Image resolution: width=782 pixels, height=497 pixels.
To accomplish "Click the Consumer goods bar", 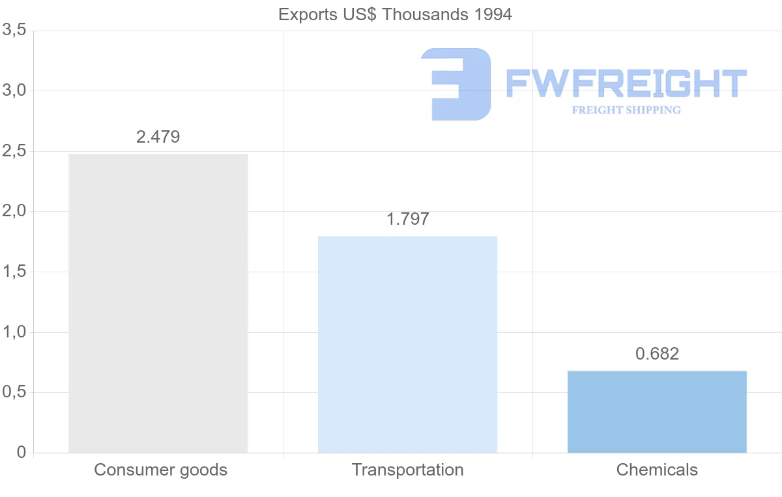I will point(158,304).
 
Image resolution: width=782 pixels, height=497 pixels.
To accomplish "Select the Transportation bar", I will point(407,345).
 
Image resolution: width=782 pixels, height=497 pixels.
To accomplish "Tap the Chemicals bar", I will point(657,412).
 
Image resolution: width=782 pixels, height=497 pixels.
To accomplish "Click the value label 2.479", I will point(158,137).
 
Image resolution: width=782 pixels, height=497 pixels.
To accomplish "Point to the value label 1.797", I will point(408,220).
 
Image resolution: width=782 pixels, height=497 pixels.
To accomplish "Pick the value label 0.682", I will point(657,354).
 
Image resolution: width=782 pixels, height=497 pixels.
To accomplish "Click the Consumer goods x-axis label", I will point(161,470).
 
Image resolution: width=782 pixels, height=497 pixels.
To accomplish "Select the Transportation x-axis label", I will point(408,470).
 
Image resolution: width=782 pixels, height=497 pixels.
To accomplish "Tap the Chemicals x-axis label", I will point(657,470).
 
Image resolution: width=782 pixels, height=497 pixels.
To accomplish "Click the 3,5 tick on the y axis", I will point(14,30).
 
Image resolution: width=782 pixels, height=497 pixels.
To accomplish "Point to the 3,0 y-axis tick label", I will point(14,91).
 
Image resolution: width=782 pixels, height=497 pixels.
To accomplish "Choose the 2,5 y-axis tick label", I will point(14,151).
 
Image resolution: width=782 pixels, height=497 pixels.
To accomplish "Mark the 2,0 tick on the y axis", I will point(14,211).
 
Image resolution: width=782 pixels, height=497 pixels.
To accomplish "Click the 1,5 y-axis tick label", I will point(14,272).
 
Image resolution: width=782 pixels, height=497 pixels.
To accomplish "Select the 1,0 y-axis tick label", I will point(14,332).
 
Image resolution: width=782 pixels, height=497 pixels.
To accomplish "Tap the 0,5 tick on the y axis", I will point(14,392).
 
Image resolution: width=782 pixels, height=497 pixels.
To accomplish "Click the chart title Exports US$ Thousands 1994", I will point(395,14).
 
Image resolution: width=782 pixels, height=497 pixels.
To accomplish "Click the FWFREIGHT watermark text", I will point(626,84).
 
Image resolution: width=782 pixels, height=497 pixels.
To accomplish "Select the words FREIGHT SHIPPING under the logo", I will point(626,110).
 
